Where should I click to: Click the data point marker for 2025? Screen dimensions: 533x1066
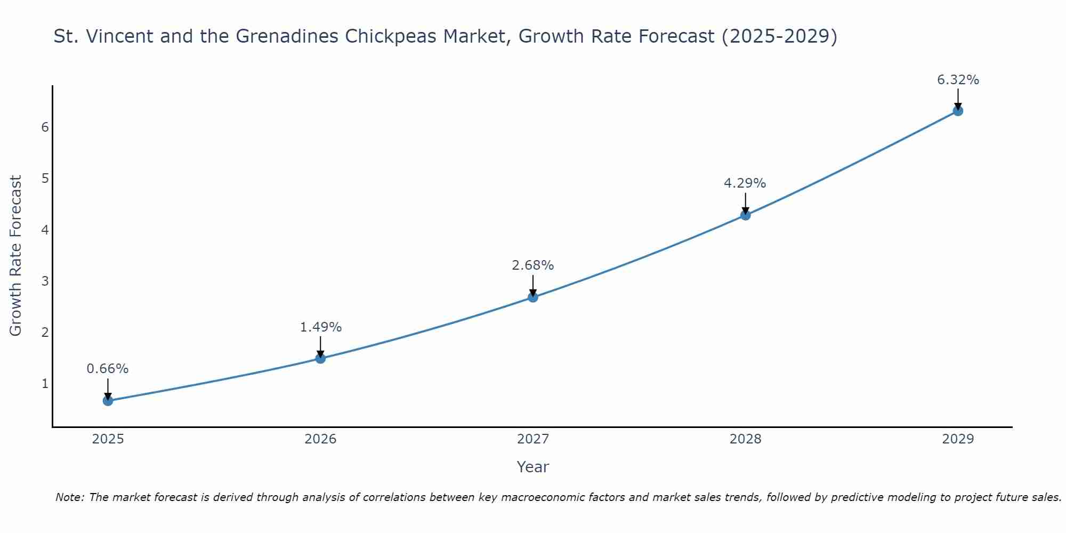(108, 400)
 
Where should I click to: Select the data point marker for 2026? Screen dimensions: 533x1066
(320, 358)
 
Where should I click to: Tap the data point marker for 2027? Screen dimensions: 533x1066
(533, 297)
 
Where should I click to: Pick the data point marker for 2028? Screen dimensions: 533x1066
(745, 215)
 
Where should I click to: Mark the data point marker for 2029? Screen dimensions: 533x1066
(958, 111)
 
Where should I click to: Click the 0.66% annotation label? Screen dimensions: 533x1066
(108, 369)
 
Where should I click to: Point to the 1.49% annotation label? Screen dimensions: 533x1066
(320, 327)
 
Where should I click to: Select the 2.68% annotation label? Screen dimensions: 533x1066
(533, 265)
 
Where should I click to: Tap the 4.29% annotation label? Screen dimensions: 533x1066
(745, 183)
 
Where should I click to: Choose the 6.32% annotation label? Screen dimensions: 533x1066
(958, 80)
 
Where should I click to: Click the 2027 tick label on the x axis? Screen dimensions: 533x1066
(533, 439)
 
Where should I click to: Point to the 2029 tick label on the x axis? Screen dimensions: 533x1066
(958, 439)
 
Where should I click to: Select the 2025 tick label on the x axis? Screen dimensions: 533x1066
(108, 439)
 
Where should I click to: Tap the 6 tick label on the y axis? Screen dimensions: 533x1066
(45, 127)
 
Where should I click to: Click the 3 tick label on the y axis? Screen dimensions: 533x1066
(45, 281)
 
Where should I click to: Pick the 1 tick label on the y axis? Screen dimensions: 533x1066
(45, 384)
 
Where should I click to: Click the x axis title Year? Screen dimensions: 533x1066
(533, 467)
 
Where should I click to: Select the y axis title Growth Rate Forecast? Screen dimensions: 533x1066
(16, 256)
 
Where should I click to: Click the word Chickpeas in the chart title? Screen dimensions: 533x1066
(392, 36)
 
